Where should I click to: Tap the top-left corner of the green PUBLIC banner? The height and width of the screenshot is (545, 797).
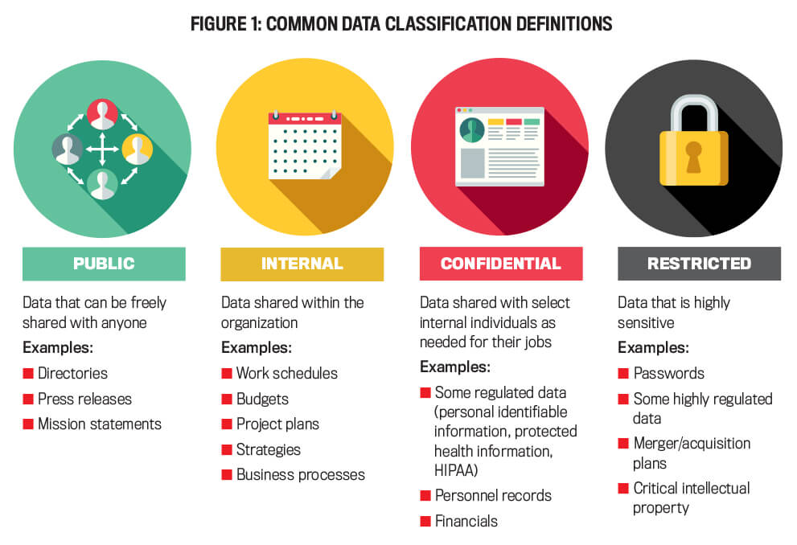[x=23, y=248]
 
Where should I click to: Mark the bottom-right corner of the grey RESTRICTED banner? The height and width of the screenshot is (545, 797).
[x=781, y=281]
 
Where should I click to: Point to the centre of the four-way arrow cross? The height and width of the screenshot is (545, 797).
[x=102, y=150]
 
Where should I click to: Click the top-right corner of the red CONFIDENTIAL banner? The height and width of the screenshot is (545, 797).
[x=582, y=247]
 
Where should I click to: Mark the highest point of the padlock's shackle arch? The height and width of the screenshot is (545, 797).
[x=694, y=95]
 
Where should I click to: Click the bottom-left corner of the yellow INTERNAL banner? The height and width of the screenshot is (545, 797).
[x=220, y=281]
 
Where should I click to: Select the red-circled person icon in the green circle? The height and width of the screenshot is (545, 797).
[x=102, y=114]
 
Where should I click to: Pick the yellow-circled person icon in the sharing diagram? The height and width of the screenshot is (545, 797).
[x=138, y=150]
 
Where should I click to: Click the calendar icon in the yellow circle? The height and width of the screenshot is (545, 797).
[x=305, y=145]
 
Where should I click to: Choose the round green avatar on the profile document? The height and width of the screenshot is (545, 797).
[x=472, y=130]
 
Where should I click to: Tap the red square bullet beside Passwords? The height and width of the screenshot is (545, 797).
[x=623, y=373]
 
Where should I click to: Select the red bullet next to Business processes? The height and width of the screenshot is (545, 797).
[x=227, y=475]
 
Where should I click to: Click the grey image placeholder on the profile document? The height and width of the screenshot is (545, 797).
[x=472, y=163]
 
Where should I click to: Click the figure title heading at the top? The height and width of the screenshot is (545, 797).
[x=401, y=24]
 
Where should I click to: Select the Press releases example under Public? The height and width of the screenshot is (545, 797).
[x=85, y=400]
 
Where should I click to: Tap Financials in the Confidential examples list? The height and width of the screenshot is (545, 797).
[x=466, y=521]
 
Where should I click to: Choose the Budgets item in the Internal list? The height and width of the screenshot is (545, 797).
[x=262, y=400]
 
